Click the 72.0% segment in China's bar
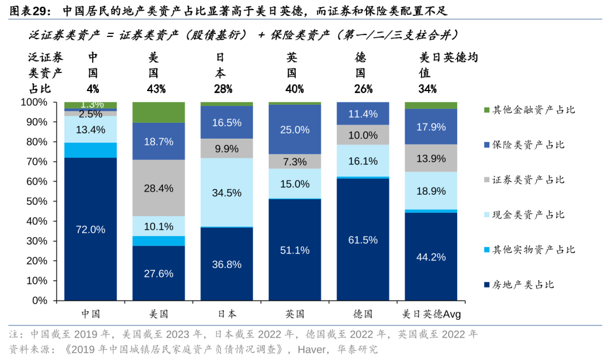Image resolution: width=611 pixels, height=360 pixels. [91, 229]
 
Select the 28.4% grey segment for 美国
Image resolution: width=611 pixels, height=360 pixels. [158, 188]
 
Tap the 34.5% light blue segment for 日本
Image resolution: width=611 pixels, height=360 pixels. [226, 192]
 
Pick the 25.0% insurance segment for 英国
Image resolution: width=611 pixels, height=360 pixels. [295, 130]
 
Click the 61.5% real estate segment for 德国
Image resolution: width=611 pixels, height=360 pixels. [363, 239]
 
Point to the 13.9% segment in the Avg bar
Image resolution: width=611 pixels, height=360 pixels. [431, 158]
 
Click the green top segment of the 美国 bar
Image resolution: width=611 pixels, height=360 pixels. [158, 112]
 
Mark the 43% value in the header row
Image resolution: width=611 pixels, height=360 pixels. [156, 89]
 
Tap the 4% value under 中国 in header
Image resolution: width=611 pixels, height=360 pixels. [93, 89]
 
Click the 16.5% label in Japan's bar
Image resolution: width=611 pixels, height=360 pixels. [226, 123]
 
